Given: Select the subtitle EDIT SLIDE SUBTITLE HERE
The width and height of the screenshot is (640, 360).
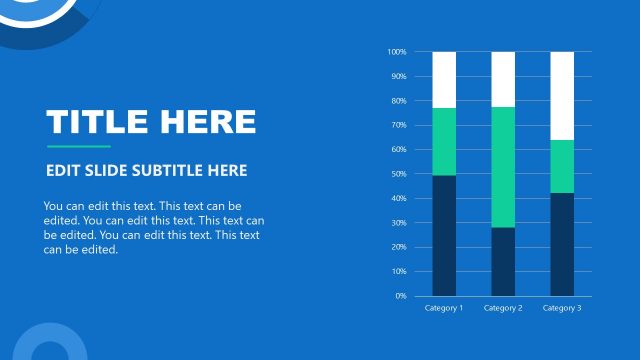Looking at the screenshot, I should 146,171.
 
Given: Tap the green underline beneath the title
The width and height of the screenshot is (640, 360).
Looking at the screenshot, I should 78,146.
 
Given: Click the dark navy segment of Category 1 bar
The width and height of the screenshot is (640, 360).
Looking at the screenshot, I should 444,235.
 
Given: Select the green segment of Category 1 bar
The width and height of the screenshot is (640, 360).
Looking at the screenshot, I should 444,141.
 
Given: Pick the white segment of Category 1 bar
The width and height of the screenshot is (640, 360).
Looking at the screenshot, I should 444,79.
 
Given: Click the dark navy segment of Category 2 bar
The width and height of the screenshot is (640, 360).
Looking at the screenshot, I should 503,261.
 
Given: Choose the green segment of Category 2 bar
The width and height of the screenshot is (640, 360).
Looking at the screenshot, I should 503,167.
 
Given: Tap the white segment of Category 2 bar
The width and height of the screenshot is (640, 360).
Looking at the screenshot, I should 503,79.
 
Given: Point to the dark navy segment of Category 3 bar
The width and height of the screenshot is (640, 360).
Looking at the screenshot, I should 562,244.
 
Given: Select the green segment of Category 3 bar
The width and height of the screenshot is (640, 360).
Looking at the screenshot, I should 562,166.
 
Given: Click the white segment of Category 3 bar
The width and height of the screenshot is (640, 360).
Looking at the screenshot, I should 562,95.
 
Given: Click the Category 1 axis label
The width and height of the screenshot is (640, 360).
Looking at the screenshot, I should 444,308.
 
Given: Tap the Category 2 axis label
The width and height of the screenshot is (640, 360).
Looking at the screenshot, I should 503,308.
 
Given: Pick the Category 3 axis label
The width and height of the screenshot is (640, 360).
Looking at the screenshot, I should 562,308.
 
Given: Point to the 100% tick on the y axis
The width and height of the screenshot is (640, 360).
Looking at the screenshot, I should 397,52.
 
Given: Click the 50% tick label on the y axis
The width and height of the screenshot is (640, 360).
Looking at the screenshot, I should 399,174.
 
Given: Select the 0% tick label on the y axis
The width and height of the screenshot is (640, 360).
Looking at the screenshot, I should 401,296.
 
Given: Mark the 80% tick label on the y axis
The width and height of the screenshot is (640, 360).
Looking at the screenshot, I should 399,101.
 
